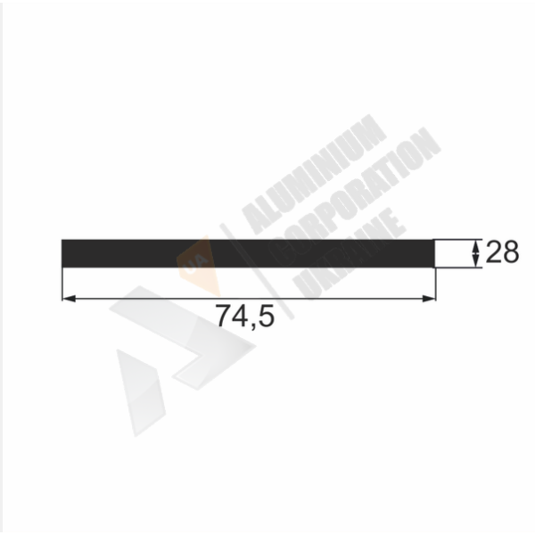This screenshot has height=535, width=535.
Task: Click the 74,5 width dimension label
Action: [245, 317]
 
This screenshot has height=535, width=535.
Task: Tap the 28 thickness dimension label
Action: [502, 252]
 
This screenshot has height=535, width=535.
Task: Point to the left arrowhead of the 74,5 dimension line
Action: [69, 299]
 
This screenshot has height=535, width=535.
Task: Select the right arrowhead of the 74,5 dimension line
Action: [429, 299]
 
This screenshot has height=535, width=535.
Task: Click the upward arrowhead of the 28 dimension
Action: [475, 245]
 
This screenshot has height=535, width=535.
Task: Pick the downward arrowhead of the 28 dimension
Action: [475, 261]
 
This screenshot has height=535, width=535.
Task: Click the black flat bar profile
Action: [248, 253]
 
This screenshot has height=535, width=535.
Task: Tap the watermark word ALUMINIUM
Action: [314, 174]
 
